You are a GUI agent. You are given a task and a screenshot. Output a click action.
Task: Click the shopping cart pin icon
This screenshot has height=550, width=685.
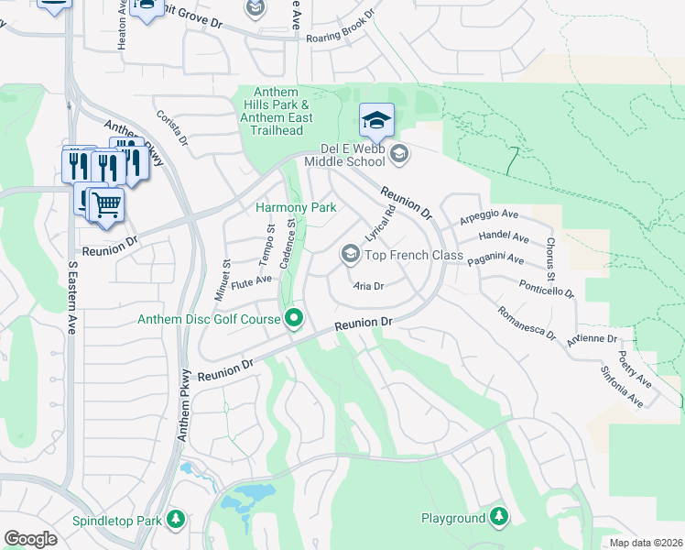click(x=107, y=206)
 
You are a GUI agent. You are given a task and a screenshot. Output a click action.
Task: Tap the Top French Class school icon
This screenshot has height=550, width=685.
click(x=350, y=254)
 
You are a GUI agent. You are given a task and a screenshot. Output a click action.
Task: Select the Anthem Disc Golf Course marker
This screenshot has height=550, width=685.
click(x=294, y=319)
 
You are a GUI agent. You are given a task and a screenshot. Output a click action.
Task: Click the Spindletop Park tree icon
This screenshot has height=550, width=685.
click(x=175, y=520)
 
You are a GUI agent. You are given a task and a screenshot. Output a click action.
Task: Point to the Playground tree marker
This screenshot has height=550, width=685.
click(x=499, y=518)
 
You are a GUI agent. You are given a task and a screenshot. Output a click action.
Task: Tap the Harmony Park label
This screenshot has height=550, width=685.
click(x=296, y=208)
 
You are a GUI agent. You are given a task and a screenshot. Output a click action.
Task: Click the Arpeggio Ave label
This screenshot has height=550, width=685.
click(x=489, y=215)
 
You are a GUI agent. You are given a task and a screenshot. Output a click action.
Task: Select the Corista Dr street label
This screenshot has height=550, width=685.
click(x=172, y=129)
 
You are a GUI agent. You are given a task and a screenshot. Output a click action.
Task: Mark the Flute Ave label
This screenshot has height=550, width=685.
click(x=252, y=280)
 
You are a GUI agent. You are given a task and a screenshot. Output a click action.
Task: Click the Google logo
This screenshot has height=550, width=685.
click(x=30, y=539)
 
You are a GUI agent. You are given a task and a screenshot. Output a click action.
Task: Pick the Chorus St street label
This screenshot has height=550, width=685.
click(x=549, y=259)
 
